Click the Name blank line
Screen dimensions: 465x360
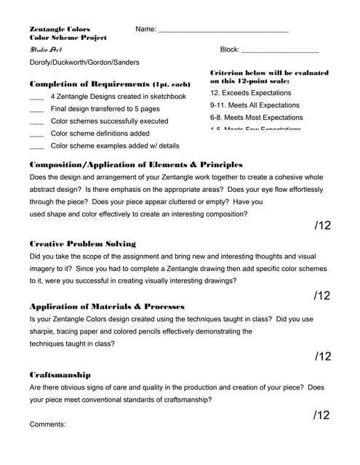click(x=223, y=31)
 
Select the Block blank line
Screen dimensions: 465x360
click(x=279, y=52)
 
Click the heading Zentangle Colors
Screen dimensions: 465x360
click(x=60, y=28)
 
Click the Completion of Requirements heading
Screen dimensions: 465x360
click(x=109, y=84)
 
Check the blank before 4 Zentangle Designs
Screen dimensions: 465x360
click(x=36, y=97)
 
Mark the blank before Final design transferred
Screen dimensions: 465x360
click(x=36, y=110)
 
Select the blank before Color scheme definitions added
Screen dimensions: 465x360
click(x=36, y=134)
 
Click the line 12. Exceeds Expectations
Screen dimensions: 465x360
click(x=250, y=93)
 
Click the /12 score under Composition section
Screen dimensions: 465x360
click(x=322, y=226)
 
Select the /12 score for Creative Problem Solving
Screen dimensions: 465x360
click(x=322, y=295)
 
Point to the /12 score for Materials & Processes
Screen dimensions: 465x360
click(x=322, y=356)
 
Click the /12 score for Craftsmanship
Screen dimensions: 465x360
click(x=322, y=416)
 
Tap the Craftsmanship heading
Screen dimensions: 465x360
click(x=60, y=375)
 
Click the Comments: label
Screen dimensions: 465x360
click(x=47, y=424)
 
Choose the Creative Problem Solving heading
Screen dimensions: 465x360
click(x=82, y=243)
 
